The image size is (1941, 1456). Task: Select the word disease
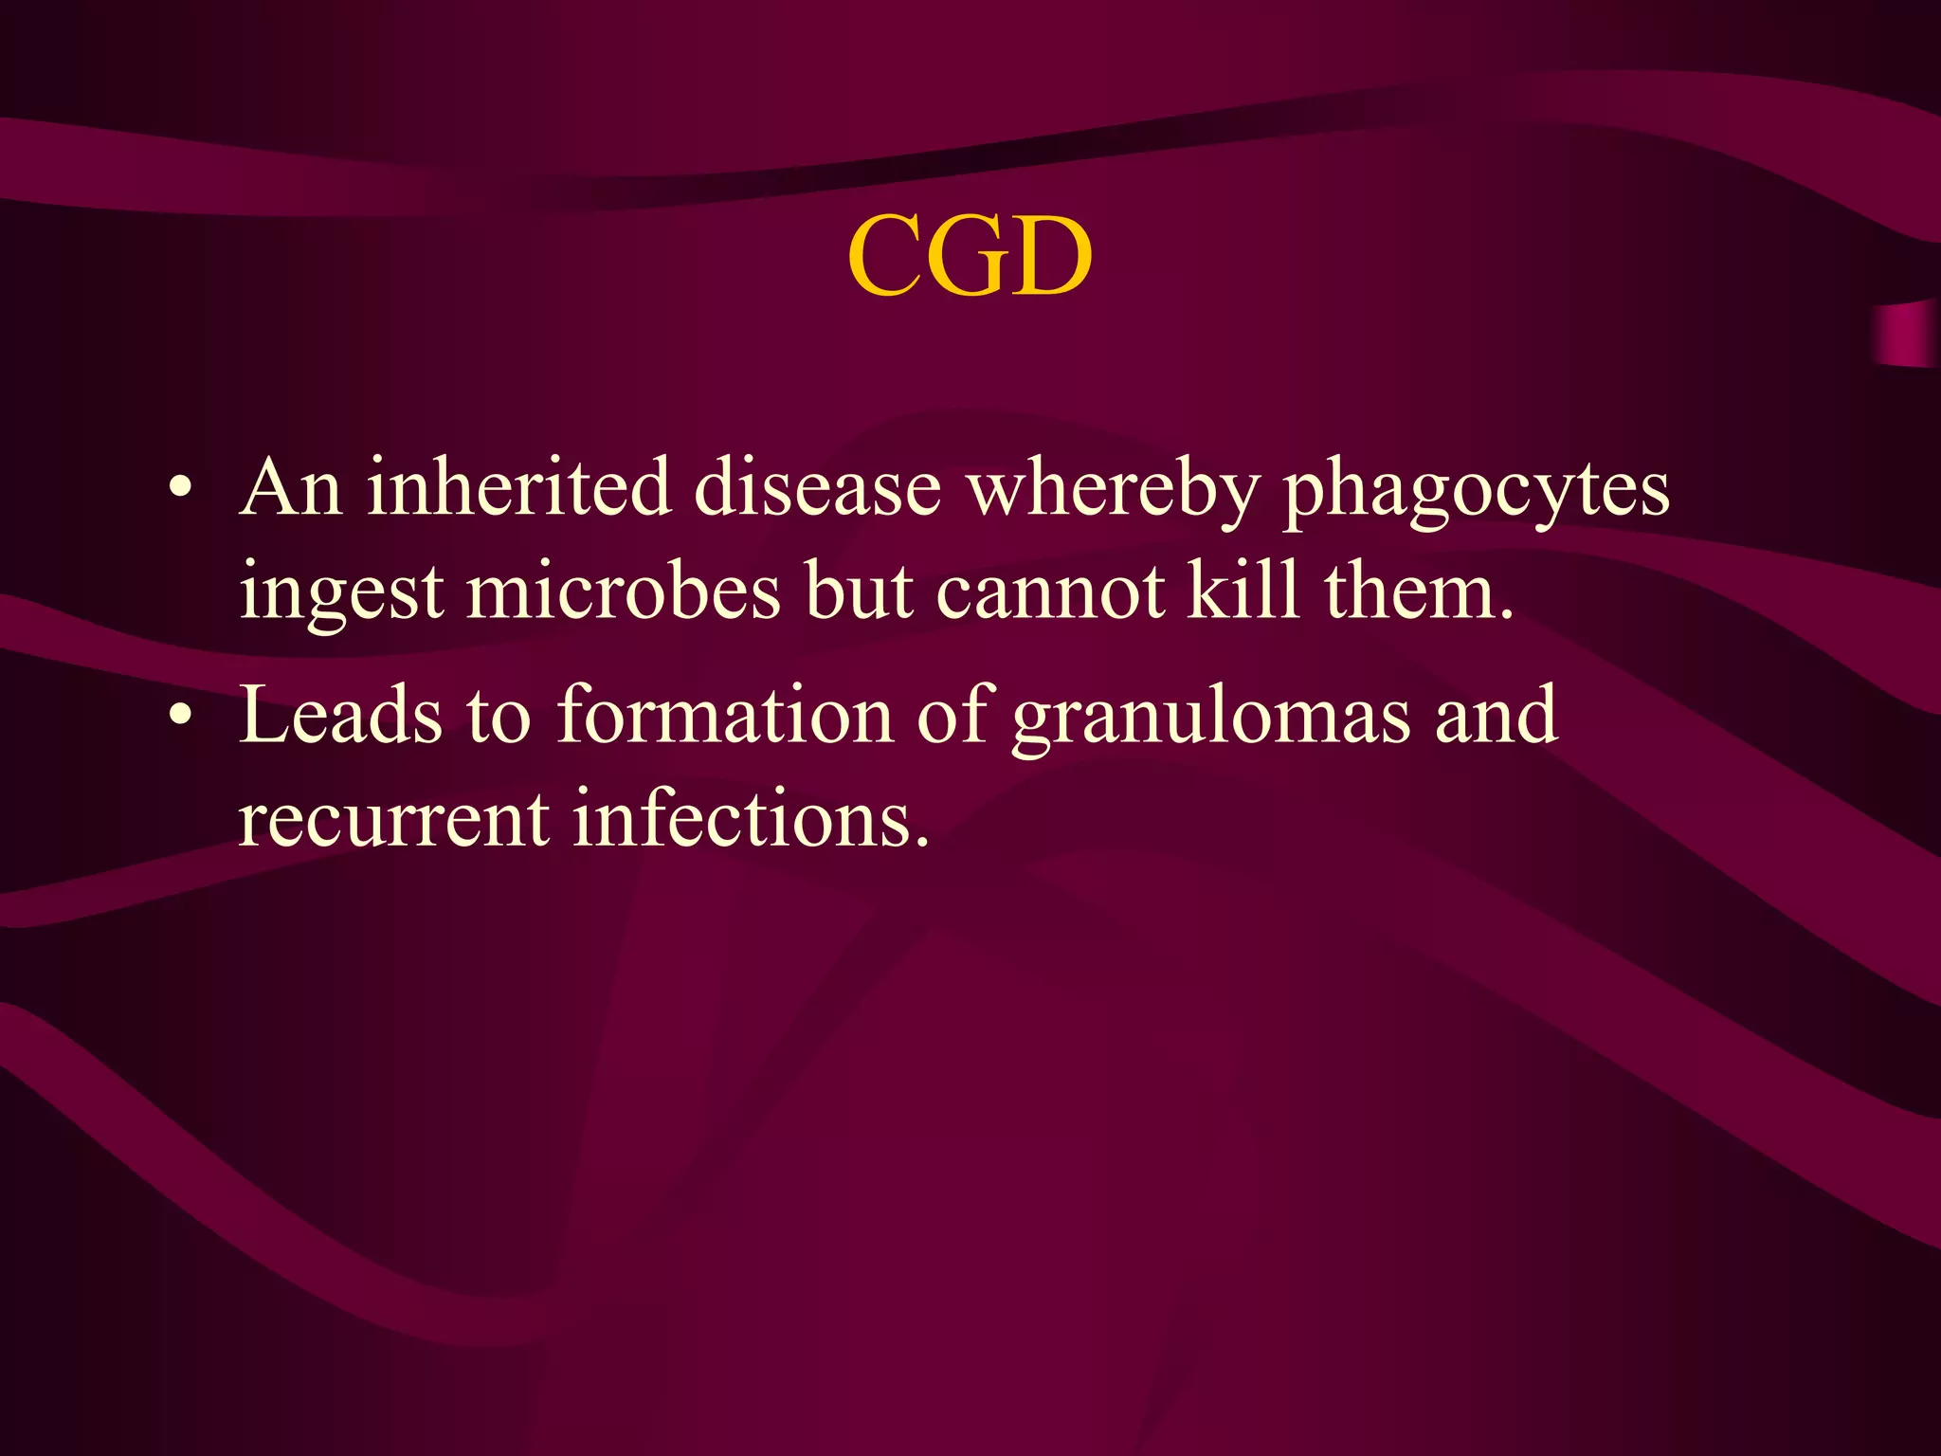(x=817, y=487)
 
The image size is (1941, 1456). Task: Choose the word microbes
(x=624, y=590)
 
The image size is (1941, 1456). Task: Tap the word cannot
(x=1050, y=591)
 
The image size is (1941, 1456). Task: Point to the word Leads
(x=339, y=715)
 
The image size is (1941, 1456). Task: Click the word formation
(x=725, y=715)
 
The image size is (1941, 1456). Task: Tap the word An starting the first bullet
(x=290, y=487)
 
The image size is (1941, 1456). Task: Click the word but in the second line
(x=858, y=590)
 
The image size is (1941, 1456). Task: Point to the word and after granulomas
(x=1496, y=715)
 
